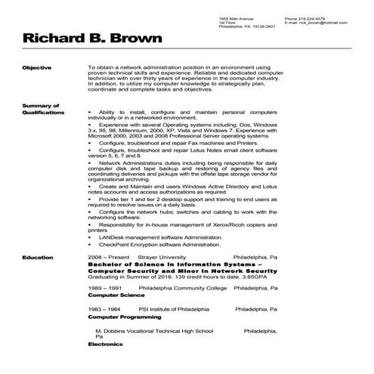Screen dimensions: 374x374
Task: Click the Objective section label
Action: pyautogui.click(x=36, y=67)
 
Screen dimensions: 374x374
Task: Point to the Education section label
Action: pyautogui.click(x=37, y=258)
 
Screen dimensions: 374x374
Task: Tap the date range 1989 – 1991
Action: pyautogui.click(x=105, y=288)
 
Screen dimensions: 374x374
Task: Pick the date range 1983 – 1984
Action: pyautogui.click(x=105, y=310)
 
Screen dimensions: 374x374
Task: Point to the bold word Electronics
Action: pyautogui.click(x=105, y=344)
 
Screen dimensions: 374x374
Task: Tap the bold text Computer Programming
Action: pyautogui.click(x=122, y=317)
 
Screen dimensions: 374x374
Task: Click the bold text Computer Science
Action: pyautogui.click(x=114, y=295)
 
